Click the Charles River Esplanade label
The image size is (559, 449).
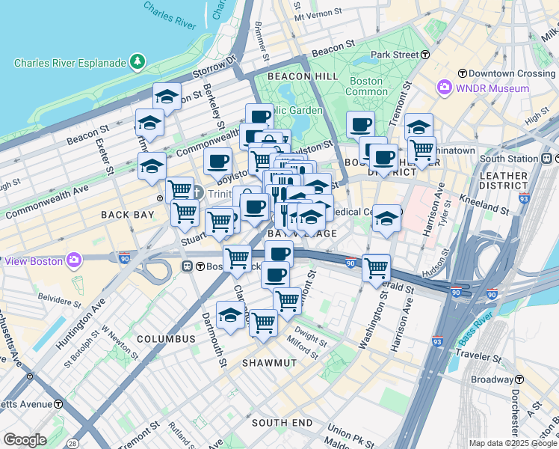(70, 63)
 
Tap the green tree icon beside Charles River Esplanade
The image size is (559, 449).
(137, 62)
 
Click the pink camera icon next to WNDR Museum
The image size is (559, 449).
(445, 88)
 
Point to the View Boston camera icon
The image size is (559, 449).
(73, 260)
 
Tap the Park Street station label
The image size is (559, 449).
(399, 55)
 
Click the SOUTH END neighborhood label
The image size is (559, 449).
(282, 423)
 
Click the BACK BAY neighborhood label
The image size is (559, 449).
(127, 215)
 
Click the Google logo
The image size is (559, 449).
(25, 440)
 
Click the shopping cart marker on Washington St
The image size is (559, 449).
(376, 268)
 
